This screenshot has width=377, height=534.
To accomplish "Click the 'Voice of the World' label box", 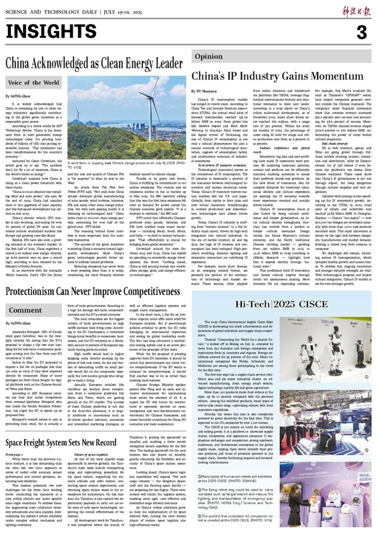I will pyautogui.click(x=34, y=83).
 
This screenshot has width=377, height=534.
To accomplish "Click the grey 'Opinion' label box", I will pyautogui.click(x=208, y=57).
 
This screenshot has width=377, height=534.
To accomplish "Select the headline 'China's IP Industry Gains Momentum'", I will pyautogui.click(x=277, y=76).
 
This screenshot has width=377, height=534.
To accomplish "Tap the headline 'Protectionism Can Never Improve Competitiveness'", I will pyautogui.click(x=93, y=292).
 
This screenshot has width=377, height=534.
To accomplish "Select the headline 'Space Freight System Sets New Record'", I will pyautogui.click(x=61, y=442).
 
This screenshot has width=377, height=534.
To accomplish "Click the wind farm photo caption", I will pyautogui.click(x=127, y=166).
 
